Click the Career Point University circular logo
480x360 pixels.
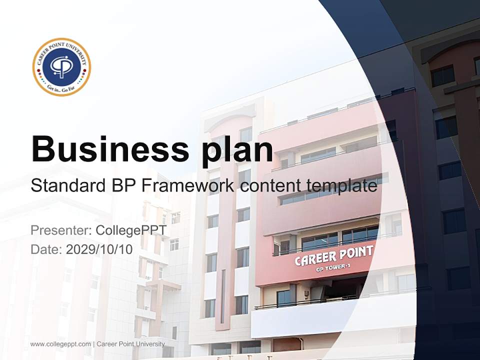pos(61,67)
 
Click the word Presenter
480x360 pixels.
pos(58,230)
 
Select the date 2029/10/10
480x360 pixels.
pos(99,249)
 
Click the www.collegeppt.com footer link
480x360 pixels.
pos(60,344)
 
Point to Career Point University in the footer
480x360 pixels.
pos(130,344)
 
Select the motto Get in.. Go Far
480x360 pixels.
pos(61,87)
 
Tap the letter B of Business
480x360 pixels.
pos(44,148)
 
